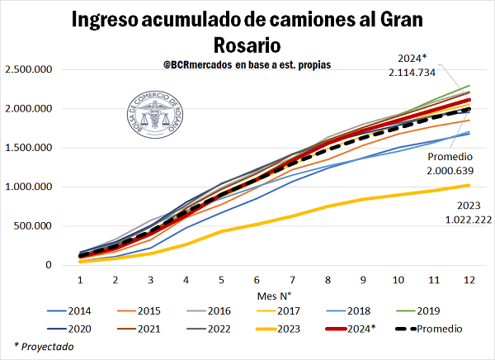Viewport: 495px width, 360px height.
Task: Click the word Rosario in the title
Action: click(247, 42)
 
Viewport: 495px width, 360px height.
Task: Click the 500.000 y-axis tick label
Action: click(32, 225)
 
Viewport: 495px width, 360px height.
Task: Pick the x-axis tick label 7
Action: click(293, 280)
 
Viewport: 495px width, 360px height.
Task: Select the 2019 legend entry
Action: click(428, 312)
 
